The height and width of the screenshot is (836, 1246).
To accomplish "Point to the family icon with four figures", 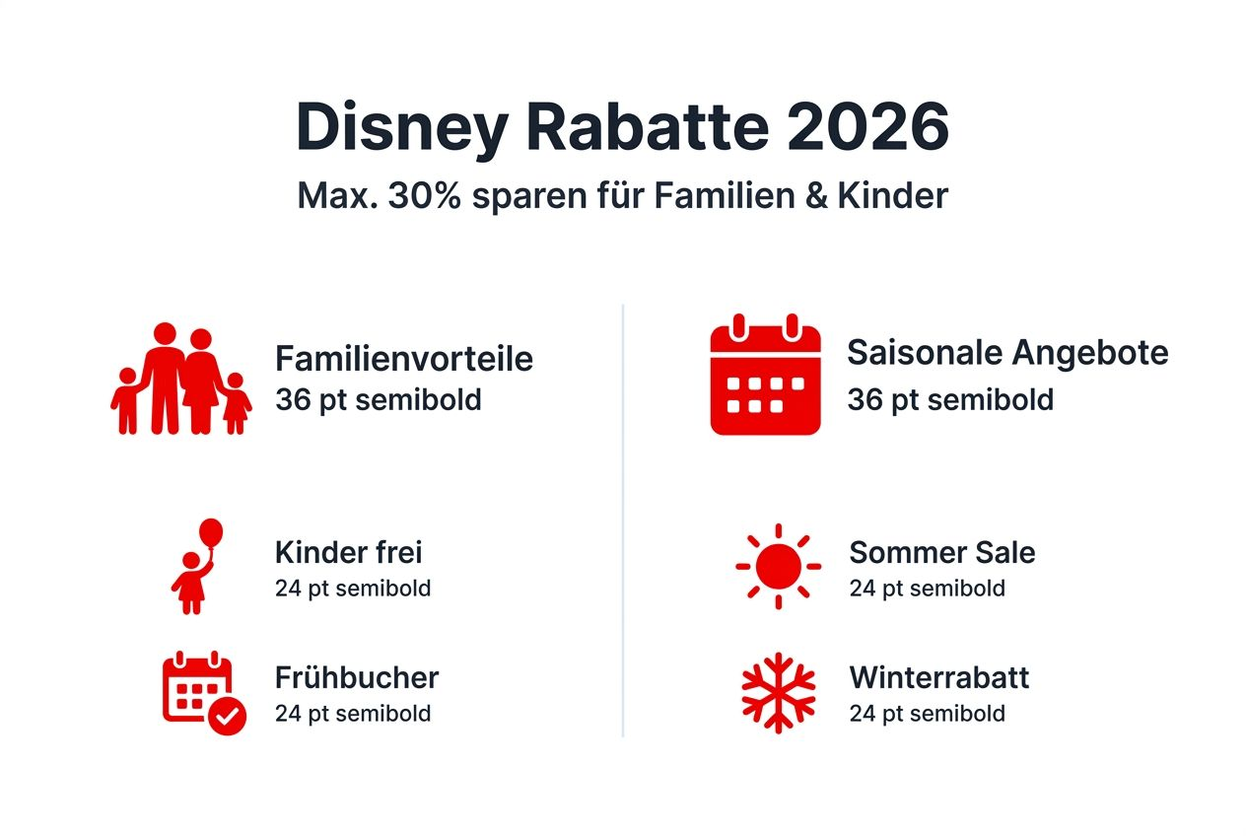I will tap(180, 380).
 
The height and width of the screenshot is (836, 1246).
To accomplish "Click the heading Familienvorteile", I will tap(404, 358).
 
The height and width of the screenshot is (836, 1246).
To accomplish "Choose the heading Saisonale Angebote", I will tap(1007, 353).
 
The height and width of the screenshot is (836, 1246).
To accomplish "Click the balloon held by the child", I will tap(211, 533).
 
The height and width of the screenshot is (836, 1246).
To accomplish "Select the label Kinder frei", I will tap(348, 552).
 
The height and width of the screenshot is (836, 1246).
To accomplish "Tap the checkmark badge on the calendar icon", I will tap(228, 718).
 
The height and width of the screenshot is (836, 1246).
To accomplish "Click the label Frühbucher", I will tap(356, 677).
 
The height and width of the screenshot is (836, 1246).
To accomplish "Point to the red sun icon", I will tap(778, 566).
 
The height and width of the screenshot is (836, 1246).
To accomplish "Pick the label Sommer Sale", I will tap(941, 552).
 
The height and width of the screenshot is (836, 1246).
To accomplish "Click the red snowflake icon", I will tap(778, 692).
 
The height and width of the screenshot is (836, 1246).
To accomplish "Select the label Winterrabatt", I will tap(938, 677).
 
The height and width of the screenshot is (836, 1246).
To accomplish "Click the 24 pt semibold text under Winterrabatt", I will tap(927, 713).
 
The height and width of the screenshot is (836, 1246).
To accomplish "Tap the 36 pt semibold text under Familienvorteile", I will tap(378, 400).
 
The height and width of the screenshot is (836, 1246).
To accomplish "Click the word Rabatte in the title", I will tap(646, 125).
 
